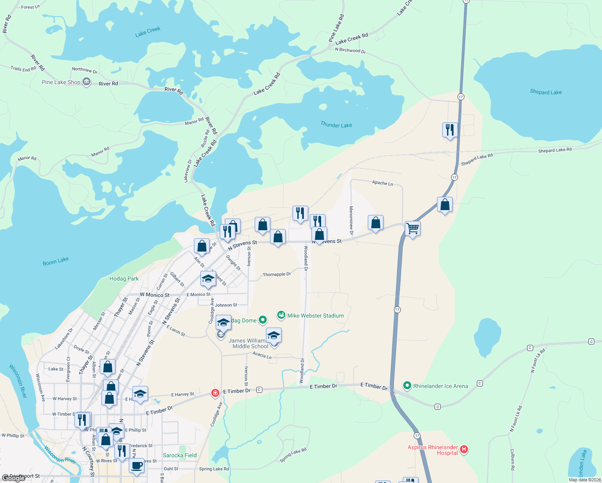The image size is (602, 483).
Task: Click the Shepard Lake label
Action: tap(546, 92)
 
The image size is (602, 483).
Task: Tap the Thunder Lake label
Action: tap(336, 125)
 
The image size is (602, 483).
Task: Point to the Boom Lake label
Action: tap(56, 261)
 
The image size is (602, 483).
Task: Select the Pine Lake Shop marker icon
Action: tap(87, 82)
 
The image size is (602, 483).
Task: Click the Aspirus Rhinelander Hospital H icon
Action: tap(464, 449)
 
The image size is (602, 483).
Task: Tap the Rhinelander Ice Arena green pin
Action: tap(407, 386)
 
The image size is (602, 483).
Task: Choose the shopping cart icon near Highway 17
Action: tap(413, 229)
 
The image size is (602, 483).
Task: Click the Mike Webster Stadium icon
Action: tap(281, 315)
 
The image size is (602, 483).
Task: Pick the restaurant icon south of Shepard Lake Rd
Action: tap(449, 130)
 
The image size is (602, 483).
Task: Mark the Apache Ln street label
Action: tap(382, 183)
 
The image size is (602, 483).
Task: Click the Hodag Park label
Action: tap(124, 279)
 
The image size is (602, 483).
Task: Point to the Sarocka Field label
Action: tap(179, 455)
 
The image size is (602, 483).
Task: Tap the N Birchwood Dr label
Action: tap(350, 50)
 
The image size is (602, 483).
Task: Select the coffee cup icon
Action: tap(137, 466)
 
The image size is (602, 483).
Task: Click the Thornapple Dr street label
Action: tap(276, 275)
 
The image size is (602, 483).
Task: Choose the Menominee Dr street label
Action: tap(351, 220)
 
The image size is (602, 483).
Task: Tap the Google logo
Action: tap(14, 478)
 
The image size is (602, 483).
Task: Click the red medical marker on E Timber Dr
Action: tap(215, 392)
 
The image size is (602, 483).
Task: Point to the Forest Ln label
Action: tap(30, 7)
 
